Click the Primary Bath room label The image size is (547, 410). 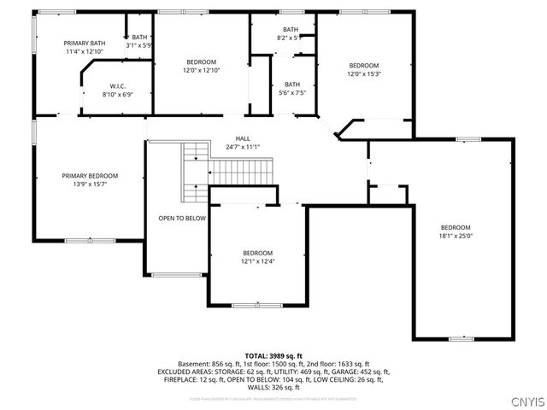click(x=85, y=43)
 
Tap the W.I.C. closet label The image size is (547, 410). click(x=118, y=86)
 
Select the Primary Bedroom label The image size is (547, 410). click(x=90, y=175)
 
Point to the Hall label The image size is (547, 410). click(x=243, y=138)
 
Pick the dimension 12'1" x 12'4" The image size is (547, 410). click(x=257, y=261)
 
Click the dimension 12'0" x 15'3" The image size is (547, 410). click(x=363, y=74)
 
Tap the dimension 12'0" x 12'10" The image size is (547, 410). click(x=202, y=70)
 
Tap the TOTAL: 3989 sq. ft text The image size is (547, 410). click(x=273, y=355)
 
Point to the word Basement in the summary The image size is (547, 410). click(x=192, y=364)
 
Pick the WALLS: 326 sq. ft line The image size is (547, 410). click(x=273, y=387)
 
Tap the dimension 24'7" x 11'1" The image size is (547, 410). click(x=243, y=147)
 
